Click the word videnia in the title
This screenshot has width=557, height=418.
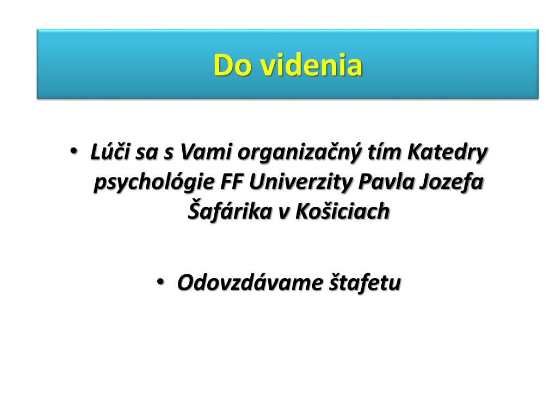click(312, 65)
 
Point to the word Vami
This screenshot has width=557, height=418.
click(206, 152)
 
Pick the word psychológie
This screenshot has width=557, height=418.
click(154, 183)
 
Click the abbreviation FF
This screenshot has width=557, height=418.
click(232, 182)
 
